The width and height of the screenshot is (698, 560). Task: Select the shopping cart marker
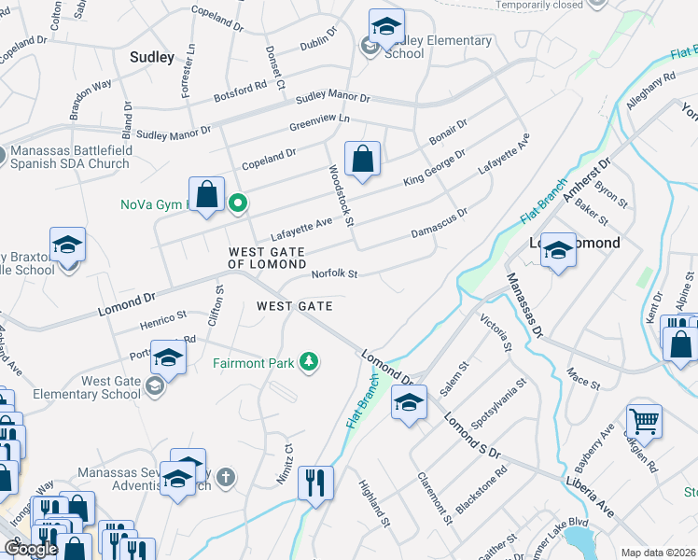(644, 423)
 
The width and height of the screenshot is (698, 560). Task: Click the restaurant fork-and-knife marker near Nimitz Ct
(315, 483)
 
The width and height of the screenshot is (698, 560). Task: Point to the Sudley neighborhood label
(152, 57)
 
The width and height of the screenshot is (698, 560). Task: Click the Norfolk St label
(335, 274)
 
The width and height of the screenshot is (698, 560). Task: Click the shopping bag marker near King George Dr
(362, 159)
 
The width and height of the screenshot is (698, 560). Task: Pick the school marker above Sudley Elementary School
(385, 26)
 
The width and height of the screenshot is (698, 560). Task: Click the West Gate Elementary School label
(98, 387)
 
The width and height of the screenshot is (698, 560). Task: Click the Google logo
(31, 549)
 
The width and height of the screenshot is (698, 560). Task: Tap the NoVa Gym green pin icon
(238, 201)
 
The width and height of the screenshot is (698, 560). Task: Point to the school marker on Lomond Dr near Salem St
(409, 402)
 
